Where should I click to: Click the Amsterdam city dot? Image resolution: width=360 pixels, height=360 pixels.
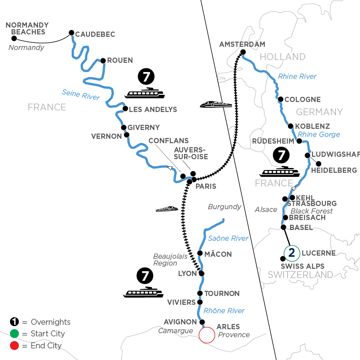(243, 52)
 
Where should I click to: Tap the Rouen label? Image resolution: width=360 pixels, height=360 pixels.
(120, 60)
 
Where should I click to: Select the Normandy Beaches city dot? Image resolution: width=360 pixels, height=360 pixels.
(14, 38)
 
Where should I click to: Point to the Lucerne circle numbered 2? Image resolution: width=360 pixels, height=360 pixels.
(292, 252)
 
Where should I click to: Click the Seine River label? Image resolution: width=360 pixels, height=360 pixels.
(81, 94)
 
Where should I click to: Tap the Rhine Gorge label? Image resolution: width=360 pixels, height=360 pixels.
(319, 134)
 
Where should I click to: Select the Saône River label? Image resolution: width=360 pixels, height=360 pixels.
(228, 238)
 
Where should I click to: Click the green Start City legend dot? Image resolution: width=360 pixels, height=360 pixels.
(14, 334)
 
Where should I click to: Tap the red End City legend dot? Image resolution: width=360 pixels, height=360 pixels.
(14, 346)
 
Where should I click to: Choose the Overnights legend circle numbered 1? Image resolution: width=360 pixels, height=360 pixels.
(14, 322)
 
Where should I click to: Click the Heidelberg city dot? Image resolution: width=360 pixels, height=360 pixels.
(318, 163)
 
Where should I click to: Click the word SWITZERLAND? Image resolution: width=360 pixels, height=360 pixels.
(300, 275)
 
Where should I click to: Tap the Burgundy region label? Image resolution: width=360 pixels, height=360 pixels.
(224, 207)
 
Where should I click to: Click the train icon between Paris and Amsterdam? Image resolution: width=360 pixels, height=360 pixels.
(216, 105)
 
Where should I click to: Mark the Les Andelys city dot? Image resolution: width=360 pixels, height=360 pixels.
(125, 108)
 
